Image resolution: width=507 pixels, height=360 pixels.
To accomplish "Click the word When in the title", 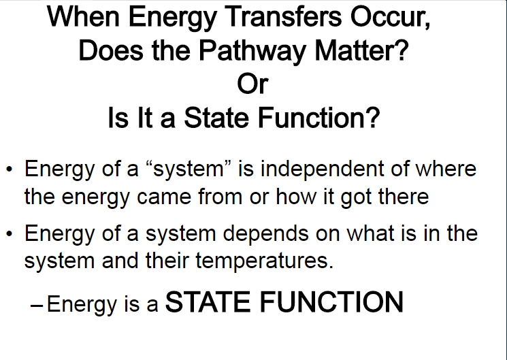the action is click(x=84, y=16).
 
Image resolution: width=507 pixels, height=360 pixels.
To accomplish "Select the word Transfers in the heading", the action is click(x=283, y=16).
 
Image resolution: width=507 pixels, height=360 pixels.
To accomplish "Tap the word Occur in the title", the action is click(x=390, y=17).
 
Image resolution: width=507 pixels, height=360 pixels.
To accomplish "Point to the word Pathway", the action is click(x=252, y=51).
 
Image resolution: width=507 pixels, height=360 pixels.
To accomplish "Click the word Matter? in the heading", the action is click(x=361, y=50).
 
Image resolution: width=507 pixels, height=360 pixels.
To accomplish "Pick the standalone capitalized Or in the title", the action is click(x=252, y=84).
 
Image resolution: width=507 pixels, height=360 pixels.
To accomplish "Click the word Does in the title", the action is click(x=110, y=50).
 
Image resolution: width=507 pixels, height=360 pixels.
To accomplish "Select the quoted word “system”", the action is click(x=189, y=169).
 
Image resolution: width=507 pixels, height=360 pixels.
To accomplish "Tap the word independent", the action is click(x=323, y=169).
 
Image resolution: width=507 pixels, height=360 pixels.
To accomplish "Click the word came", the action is click(x=164, y=197).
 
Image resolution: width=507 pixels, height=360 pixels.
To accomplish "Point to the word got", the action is click(x=356, y=198).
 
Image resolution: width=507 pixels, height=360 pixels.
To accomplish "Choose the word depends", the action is click(x=265, y=234).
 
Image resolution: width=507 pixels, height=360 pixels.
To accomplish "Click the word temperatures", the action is click(x=264, y=261).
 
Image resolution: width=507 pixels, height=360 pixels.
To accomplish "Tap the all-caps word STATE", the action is click(x=208, y=301).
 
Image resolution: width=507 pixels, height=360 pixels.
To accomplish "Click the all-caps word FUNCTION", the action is click(x=331, y=301).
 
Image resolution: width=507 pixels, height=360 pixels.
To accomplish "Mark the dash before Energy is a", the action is click(x=37, y=305).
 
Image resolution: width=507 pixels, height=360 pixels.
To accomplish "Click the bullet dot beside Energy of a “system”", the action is click(x=9, y=169).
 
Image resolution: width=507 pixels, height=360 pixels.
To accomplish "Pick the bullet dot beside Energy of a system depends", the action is click(x=9, y=233).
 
